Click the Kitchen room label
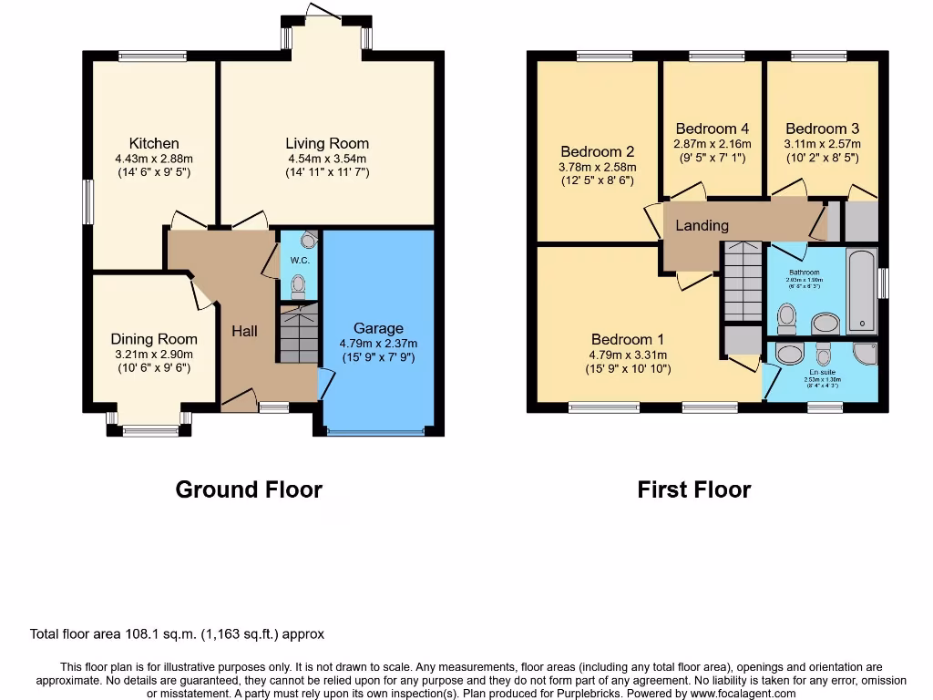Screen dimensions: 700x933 coord(154,143)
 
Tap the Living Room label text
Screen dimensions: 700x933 coord(327,143)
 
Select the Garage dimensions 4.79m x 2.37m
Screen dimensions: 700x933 coord(378,344)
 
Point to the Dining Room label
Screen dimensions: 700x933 coord(154,339)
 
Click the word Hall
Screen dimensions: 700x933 coord(244,332)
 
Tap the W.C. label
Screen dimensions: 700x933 coord(300,261)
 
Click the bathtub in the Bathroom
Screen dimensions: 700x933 coord(860,290)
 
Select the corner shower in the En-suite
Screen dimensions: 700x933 coord(865,354)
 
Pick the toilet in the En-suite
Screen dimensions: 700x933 coord(825,353)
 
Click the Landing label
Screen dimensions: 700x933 coord(702,225)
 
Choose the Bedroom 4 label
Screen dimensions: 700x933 coord(713,129)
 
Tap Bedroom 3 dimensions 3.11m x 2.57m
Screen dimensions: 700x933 coord(823,144)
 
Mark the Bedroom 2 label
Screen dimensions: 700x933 coord(597,151)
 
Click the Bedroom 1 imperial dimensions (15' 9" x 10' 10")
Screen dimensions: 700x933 coord(628,369)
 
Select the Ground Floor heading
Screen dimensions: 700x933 coord(249,489)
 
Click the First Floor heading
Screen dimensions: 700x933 coord(694,489)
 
